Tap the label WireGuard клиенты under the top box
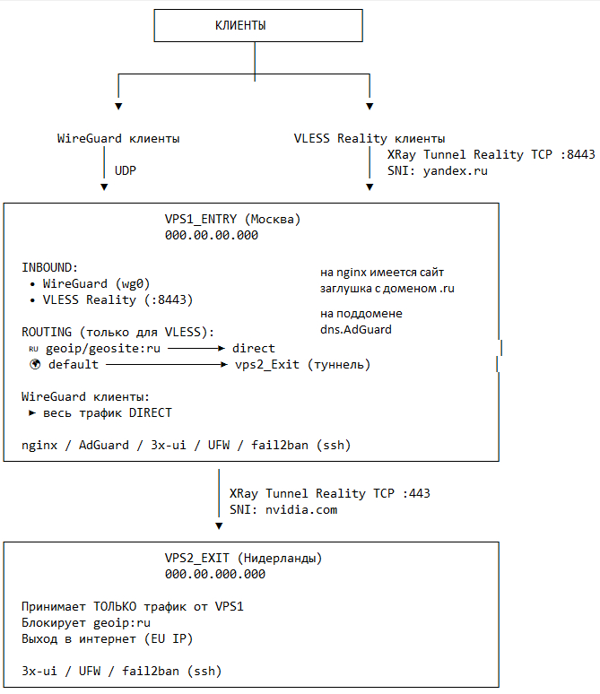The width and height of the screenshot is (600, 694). point(118,139)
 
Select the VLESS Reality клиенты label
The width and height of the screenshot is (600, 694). point(370,139)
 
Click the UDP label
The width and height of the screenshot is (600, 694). point(126,169)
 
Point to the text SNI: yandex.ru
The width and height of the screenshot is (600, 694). point(438,170)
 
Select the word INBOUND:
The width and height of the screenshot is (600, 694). point(50,267)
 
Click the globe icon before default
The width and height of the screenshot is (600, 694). point(36,365)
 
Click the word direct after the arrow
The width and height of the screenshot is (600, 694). point(254,348)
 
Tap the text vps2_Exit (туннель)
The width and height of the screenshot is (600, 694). point(302,365)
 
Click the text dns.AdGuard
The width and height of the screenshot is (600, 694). point(356,329)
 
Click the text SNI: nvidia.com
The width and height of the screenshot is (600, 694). point(283,509)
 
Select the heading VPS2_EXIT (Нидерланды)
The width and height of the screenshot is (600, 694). point(243,558)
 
